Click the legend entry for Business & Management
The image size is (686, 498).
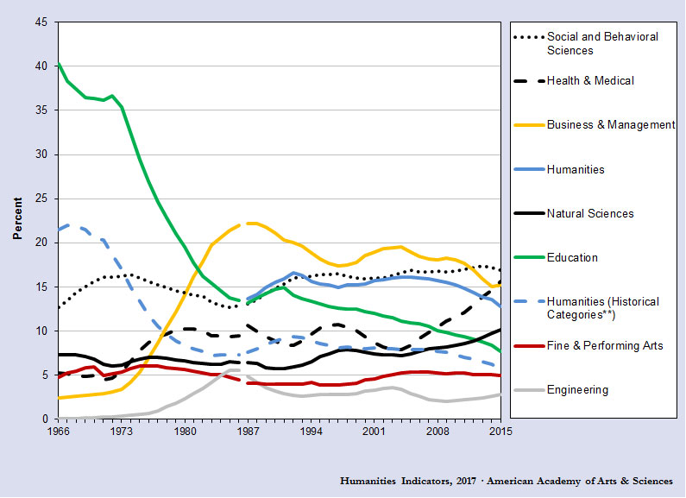[x=611, y=125]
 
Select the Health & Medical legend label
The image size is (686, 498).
[x=590, y=81]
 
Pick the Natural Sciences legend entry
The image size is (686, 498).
[x=590, y=213]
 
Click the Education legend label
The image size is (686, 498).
[x=572, y=257]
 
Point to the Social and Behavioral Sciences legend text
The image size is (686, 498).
[x=602, y=43]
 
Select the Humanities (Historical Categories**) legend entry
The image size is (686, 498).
[x=602, y=308]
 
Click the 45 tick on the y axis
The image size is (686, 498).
[x=41, y=22]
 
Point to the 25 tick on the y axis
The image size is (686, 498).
[x=41, y=199]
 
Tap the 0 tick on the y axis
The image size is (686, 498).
[x=45, y=419]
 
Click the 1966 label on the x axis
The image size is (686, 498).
[x=58, y=430]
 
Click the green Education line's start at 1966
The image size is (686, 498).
[x=58, y=63]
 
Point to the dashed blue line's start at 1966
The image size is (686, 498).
[x=58, y=230]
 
